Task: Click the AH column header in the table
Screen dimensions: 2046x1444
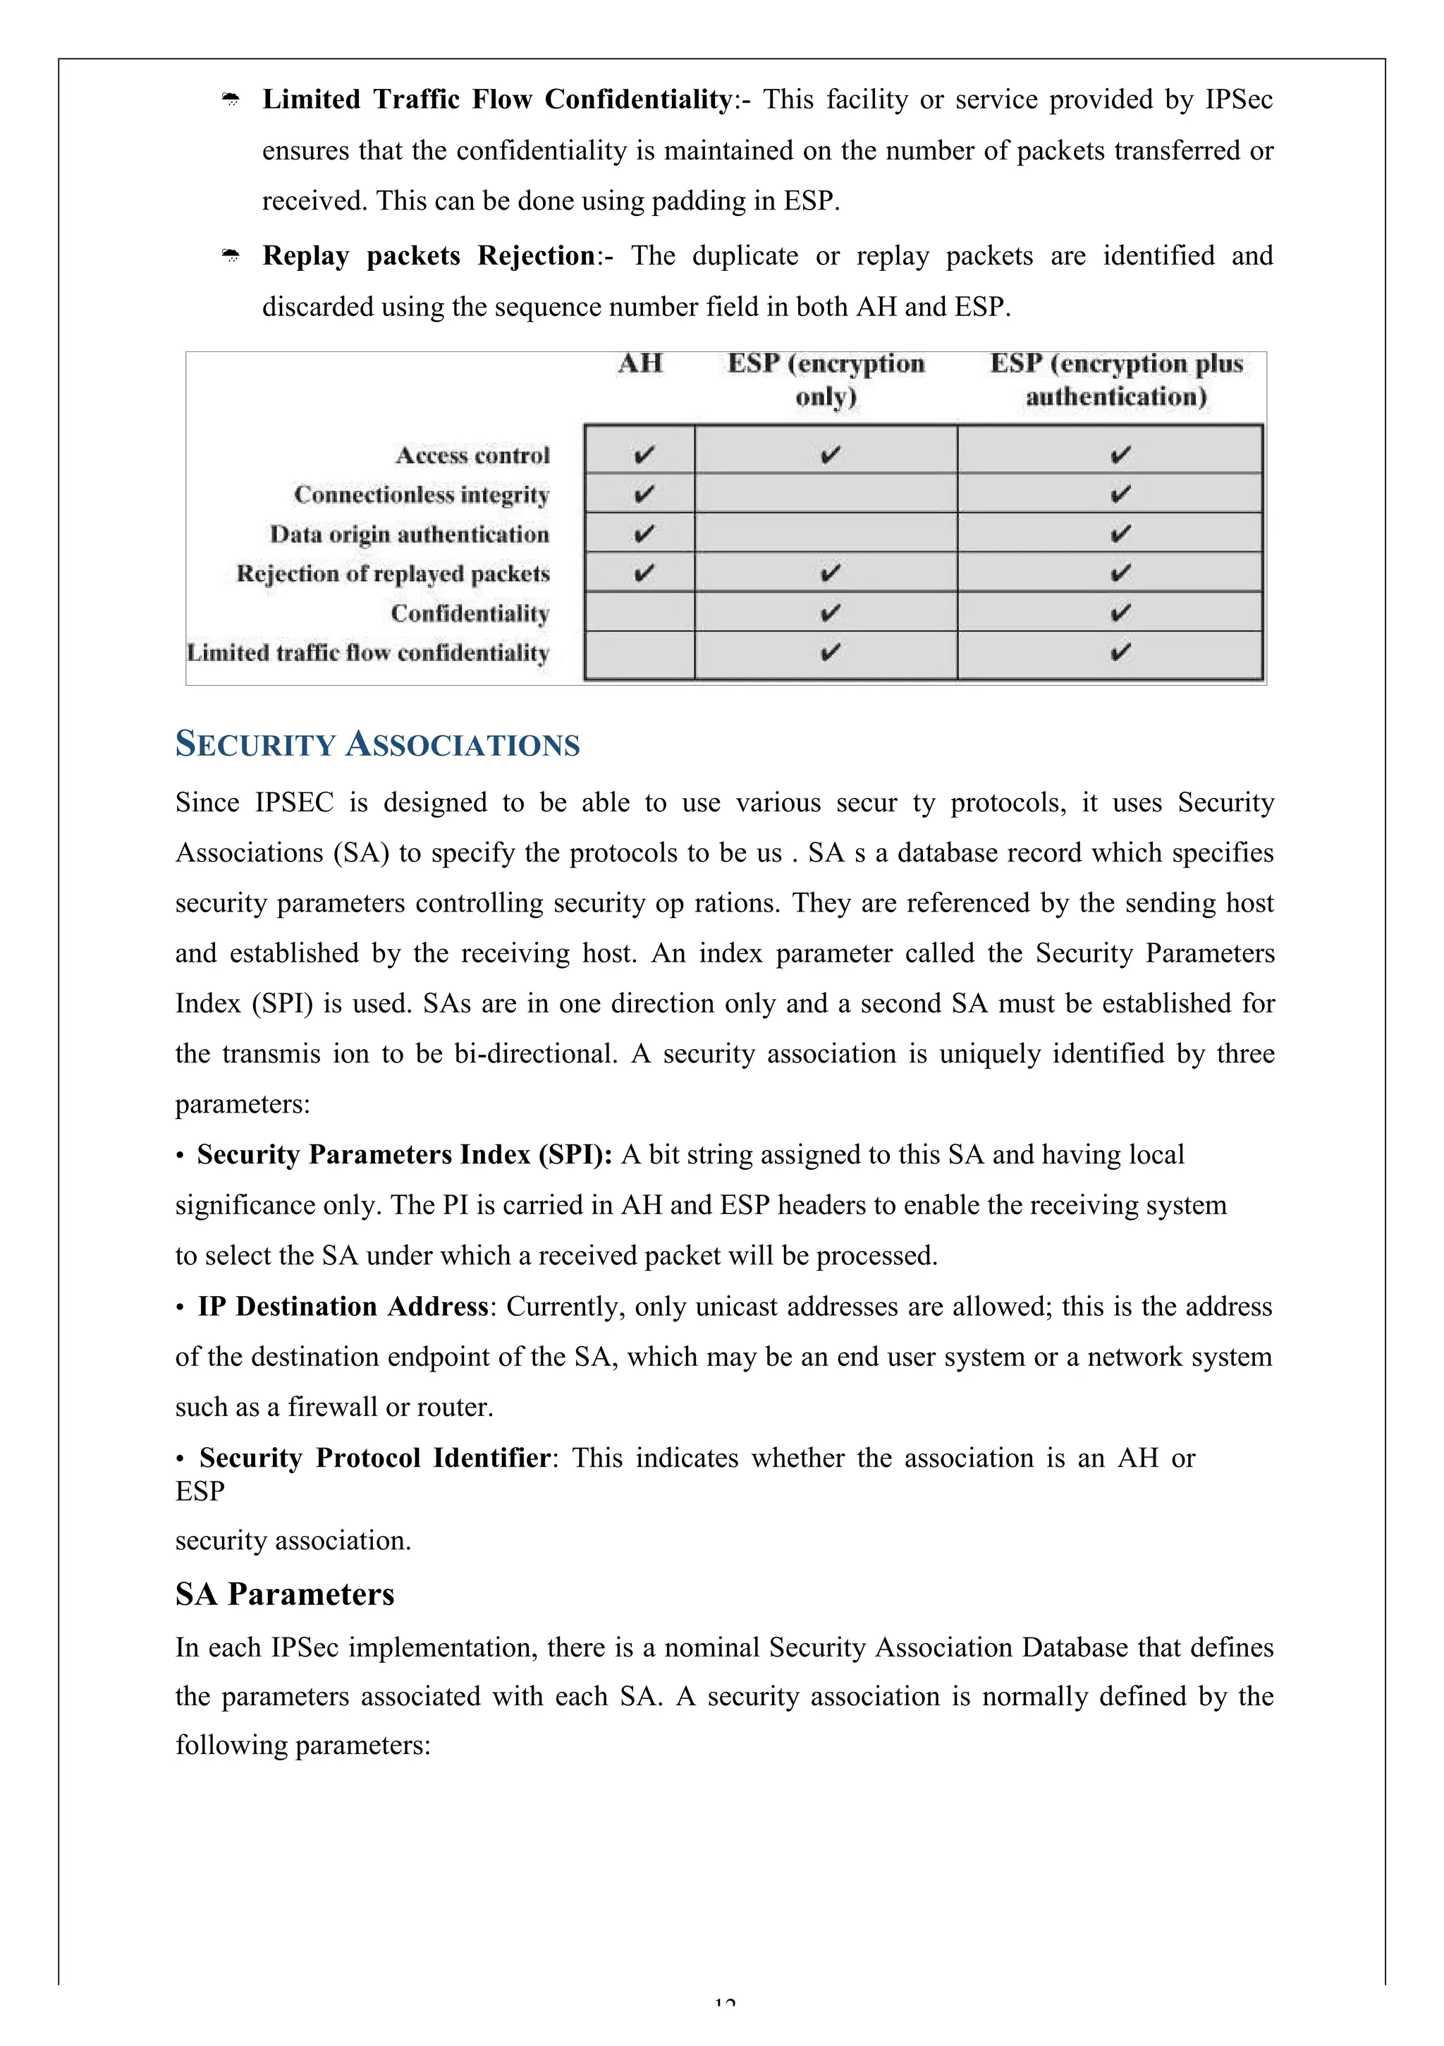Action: [x=640, y=363]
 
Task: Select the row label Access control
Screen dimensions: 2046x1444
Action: [x=472, y=455]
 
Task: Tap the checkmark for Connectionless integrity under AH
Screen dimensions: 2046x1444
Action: [x=643, y=494]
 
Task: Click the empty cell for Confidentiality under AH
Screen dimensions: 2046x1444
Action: [x=640, y=613]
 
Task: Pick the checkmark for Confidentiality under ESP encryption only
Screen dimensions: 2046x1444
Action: [x=828, y=613]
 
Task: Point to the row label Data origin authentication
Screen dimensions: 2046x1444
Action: [x=409, y=535]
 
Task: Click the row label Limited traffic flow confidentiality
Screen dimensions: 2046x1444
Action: [x=367, y=653]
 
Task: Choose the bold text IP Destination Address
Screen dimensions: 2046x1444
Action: [x=343, y=1307]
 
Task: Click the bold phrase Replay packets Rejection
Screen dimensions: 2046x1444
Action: [x=429, y=255]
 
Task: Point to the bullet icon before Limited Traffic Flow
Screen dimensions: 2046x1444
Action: [x=231, y=99]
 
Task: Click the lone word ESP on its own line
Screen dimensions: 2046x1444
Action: [x=200, y=1491]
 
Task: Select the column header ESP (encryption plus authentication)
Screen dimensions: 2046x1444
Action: [x=1115, y=380]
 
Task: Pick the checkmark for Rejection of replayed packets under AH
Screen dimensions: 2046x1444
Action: [x=643, y=573]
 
